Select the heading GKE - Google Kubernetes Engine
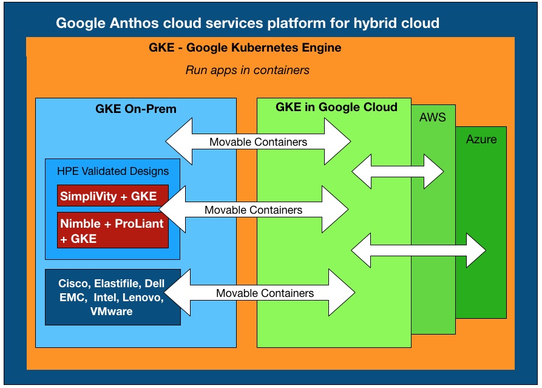(x=245, y=47)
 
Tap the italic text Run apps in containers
(x=248, y=70)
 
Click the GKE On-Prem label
(x=136, y=109)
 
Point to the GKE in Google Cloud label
(x=336, y=107)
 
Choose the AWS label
(x=432, y=118)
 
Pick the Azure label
(x=481, y=140)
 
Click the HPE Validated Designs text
(x=113, y=171)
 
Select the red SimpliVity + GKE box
(x=113, y=196)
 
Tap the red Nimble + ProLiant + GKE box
(x=113, y=230)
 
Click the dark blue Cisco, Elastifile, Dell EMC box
(x=113, y=297)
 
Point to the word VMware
(x=111, y=311)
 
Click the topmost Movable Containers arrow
(x=258, y=141)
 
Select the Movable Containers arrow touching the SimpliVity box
(x=253, y=209)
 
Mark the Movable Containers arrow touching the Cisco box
(x=260, y=293)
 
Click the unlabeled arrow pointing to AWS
(x=398, y=171)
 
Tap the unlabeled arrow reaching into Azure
(x=419, y=250)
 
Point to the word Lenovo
(x=143, y=298)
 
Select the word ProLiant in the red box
(x=139, y=223)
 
